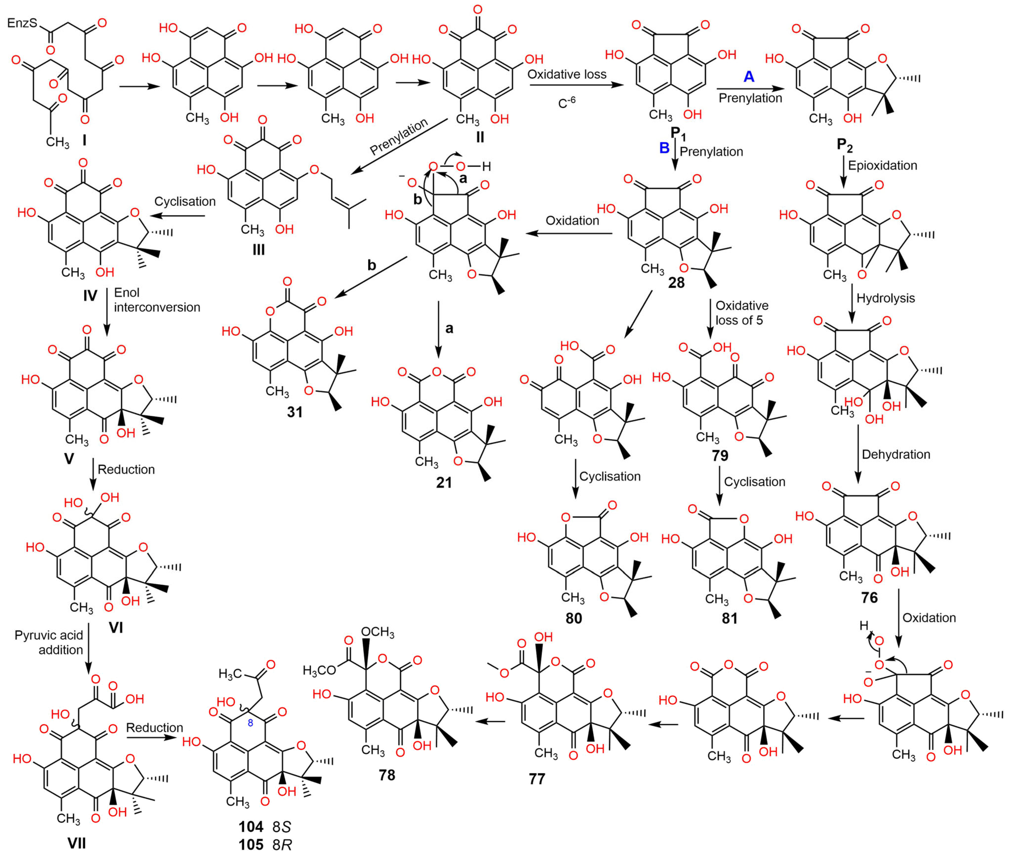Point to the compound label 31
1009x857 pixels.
(294, 412)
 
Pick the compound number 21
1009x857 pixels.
(443, 483)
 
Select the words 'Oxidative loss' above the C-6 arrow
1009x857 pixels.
(567, 74)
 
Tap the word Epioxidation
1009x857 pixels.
(882, 165)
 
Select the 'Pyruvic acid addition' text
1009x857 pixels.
(49, 642)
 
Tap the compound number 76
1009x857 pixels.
(869, 597)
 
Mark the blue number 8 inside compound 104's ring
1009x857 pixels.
(250, 723)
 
